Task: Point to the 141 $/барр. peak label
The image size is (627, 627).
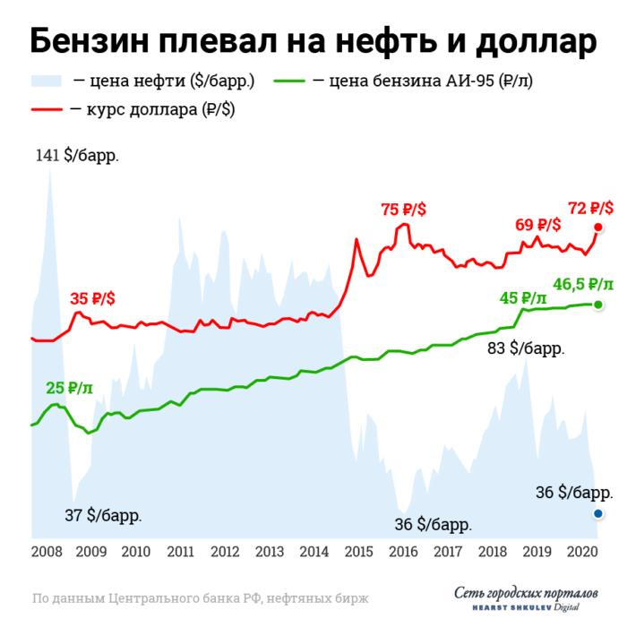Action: pos(77,155)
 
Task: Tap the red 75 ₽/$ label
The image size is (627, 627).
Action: pos(403,209)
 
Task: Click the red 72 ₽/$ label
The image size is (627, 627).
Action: pos(590,208)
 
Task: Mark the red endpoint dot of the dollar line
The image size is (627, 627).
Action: pos(597,228)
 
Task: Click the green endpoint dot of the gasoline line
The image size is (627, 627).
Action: pos(597,305)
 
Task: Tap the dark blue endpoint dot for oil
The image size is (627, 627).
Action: pos(597,513)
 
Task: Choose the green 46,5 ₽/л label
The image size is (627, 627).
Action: pos(583,285)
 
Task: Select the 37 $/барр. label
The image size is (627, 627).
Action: pos(103,515)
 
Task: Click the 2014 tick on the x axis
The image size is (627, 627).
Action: pos(313,552)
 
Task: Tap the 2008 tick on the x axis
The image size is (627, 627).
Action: pos(47,552)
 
